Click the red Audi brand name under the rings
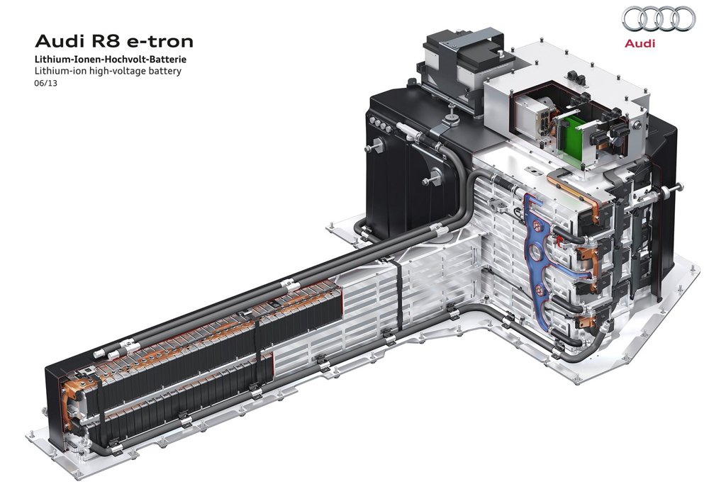(x=640, y=43)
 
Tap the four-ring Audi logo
(x=659, y=18)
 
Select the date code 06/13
(x=46, y=84)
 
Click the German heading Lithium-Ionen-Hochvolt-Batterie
(x=111, y=60)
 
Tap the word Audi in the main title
(x=58, y=41)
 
